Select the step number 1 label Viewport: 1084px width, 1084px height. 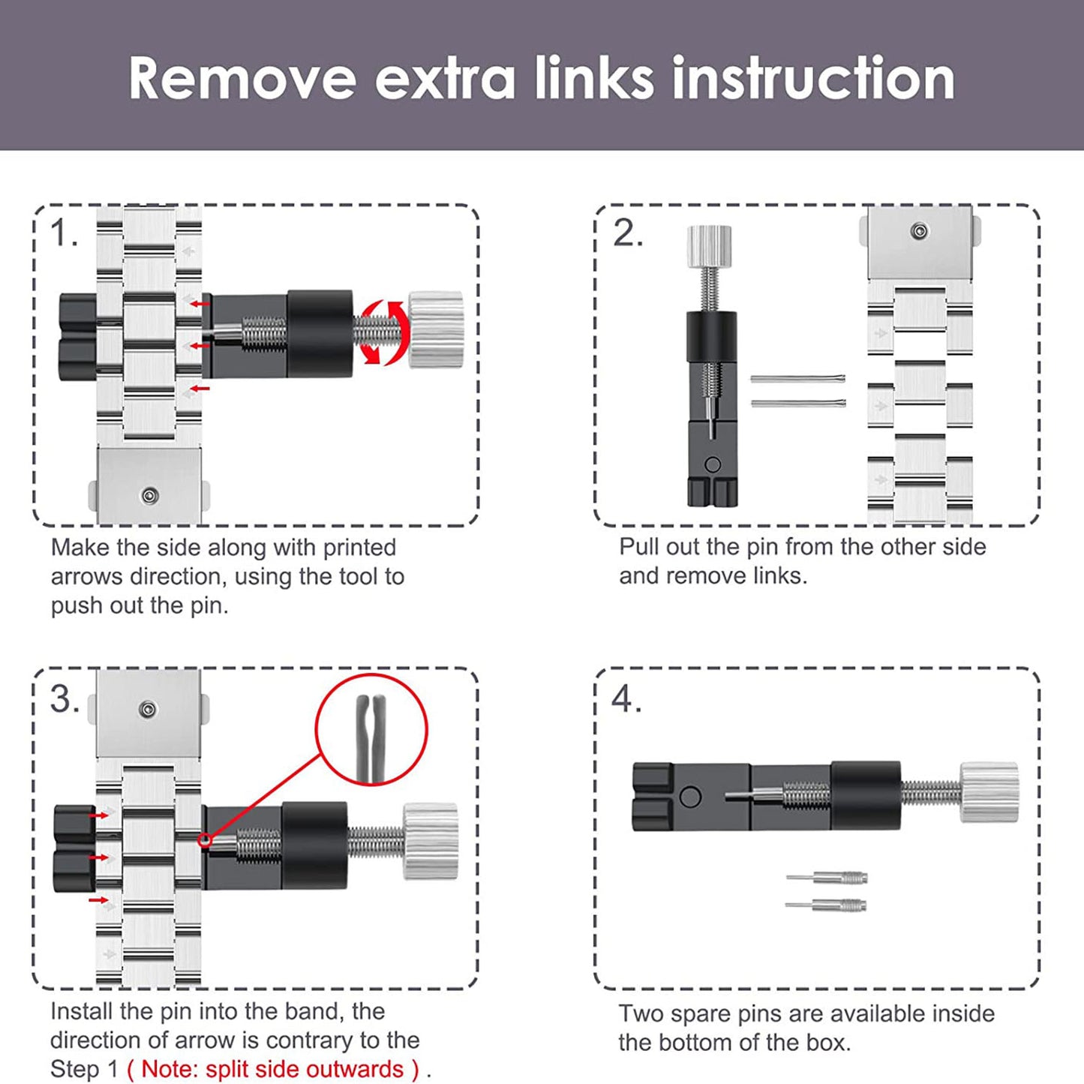[64, 233]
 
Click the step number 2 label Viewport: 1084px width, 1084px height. [627, 233]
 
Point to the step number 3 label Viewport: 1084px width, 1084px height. [65, 700]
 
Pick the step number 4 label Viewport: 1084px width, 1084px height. [626, 700]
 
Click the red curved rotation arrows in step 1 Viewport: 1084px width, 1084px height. [383, 333]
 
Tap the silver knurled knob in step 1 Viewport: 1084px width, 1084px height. [436, 329]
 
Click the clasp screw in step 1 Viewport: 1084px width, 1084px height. [149, 496]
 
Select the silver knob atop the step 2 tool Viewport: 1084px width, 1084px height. [710, 246]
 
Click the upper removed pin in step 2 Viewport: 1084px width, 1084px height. [797, 379]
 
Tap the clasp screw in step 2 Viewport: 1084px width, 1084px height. [920, 231]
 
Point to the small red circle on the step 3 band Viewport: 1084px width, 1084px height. [206, 840]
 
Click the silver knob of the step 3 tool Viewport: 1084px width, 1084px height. [431, 841]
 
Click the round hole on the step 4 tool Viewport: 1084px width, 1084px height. [690, 797]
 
